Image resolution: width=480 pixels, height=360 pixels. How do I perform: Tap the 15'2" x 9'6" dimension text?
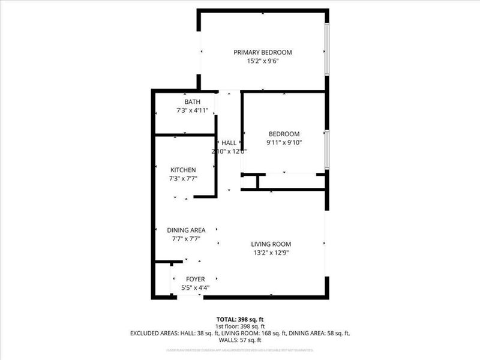pos(263,61)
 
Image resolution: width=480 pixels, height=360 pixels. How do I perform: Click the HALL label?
pos(229,143)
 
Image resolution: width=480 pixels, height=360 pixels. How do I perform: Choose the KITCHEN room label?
pos(183,170)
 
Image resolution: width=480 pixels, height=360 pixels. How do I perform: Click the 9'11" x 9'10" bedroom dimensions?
pos(284,143)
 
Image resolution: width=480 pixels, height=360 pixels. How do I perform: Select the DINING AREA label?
pos(186,230)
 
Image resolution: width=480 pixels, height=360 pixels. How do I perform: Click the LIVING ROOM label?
pos(271,244)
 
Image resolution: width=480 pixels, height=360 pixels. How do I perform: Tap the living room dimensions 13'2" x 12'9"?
pos(271,252)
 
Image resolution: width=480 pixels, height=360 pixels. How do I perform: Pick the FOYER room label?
pos(195,279)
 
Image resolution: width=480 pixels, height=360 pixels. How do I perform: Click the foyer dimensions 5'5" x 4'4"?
pos(195,288)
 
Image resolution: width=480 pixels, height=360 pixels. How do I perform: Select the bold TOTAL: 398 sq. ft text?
pos(240,319)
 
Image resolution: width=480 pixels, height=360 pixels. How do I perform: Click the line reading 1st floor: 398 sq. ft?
pos(240,325)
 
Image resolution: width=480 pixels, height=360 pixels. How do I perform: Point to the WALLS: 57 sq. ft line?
pos(240,339)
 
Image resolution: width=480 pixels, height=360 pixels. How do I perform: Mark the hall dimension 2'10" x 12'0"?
pos(229,152)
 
